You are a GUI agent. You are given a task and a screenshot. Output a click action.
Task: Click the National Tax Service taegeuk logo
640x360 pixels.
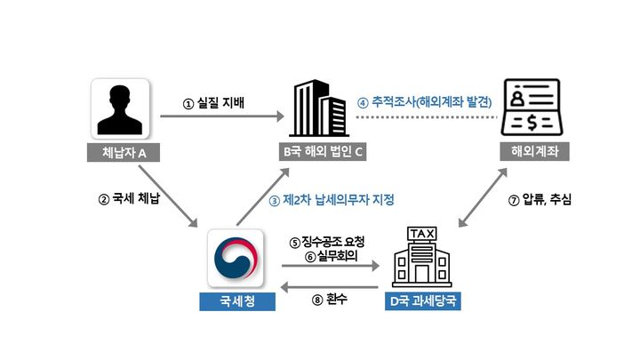[237, 257]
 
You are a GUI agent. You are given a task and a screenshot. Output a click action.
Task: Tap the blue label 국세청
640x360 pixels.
[237, 300]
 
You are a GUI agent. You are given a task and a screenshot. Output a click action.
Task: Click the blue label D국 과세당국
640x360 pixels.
[422, 300]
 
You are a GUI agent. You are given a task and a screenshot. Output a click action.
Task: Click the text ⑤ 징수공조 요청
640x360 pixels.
[327, 241]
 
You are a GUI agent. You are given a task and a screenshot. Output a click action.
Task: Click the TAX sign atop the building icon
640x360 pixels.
[421, 233]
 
